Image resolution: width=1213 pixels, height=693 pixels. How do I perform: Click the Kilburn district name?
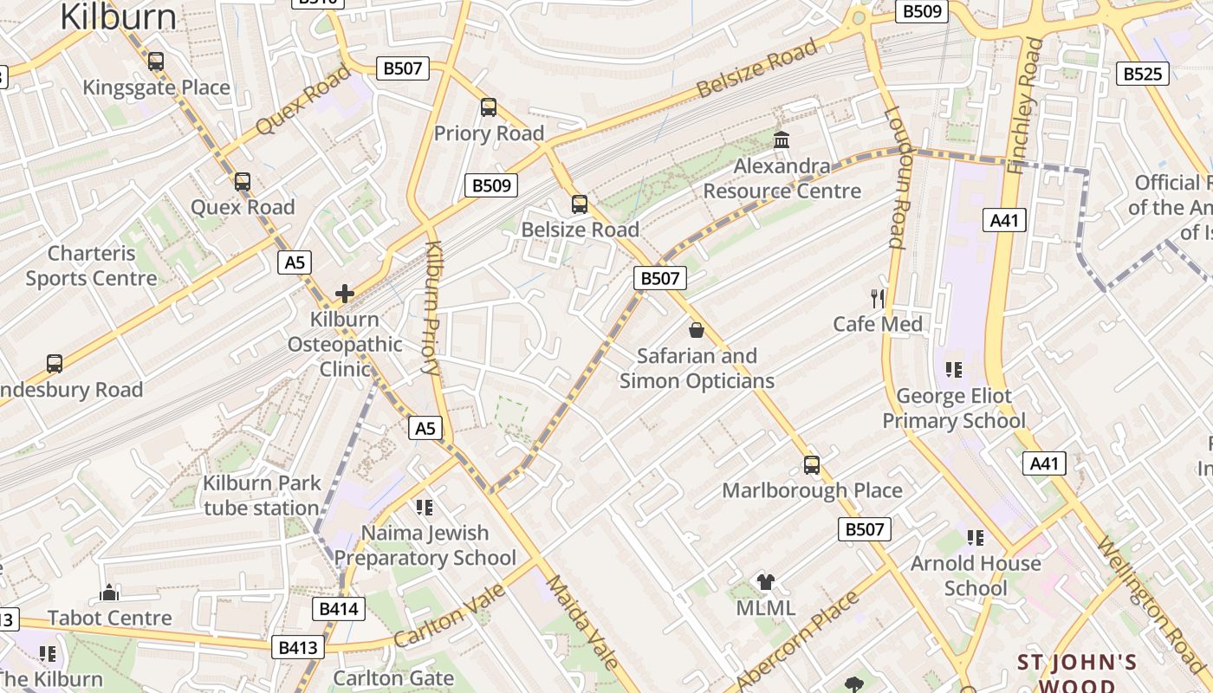coord(118,16)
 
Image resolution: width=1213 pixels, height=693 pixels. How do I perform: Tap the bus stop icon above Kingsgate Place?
coord(156,62)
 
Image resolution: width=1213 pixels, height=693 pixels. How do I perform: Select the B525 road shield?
coord(1142,74)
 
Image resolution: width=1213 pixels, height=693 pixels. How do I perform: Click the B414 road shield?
coord(339,609)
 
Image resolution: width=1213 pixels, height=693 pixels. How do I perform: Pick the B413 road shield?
coord(298,647)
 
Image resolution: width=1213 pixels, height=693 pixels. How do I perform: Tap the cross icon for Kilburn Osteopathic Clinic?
coord(345,294)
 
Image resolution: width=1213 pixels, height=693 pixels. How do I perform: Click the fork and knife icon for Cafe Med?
coord(878,299)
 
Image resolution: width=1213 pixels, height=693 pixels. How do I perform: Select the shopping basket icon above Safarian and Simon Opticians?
coord(696,330)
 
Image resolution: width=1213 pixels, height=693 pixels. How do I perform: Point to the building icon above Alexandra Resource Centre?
coord(782,139)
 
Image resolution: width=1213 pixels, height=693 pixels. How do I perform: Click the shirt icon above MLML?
coord(765,582)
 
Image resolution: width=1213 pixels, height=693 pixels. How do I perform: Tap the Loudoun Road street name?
coord(896,177)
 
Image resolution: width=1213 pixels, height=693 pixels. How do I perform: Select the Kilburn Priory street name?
coord(432,308)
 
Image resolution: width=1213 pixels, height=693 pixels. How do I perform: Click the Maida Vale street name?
coord(581,623)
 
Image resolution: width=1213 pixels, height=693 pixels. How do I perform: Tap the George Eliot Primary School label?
coord(953,409)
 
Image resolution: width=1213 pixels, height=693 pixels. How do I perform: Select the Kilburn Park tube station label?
coord(262,495)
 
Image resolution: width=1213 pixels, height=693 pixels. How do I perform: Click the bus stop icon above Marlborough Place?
coord(811,465)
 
